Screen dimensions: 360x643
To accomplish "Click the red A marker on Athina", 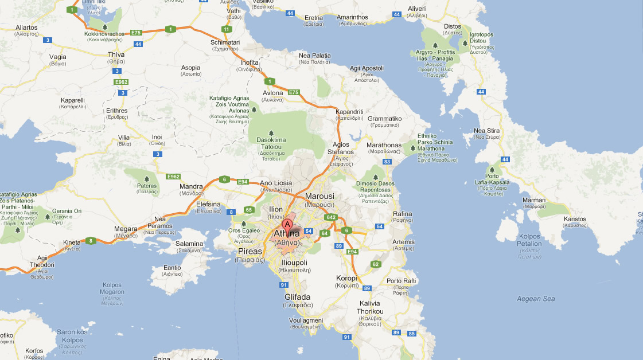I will point(288,224).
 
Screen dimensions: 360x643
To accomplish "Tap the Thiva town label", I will point(116,55).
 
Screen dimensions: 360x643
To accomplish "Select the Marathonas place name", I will point(384,145).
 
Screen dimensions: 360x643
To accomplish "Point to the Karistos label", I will point(575,219).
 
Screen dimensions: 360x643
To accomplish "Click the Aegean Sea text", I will point(536,299).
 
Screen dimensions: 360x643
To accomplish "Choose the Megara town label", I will point(126,229).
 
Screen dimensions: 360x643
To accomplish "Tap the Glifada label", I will point(297,297).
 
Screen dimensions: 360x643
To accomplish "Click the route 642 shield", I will point(331,217).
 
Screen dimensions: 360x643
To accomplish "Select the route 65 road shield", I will point(248,210).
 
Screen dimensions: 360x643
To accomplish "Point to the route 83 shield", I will point(387,162).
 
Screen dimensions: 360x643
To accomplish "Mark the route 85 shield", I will point(411,333).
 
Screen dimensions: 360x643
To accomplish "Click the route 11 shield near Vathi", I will point(227,29).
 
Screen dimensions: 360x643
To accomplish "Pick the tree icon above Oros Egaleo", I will point(244,224).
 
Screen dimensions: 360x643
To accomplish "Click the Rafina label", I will point(403,214).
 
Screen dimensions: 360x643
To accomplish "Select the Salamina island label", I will point(189,244).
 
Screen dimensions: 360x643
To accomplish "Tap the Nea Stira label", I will point(486,131).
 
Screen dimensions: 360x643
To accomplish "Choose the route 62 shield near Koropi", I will point(375,264).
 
